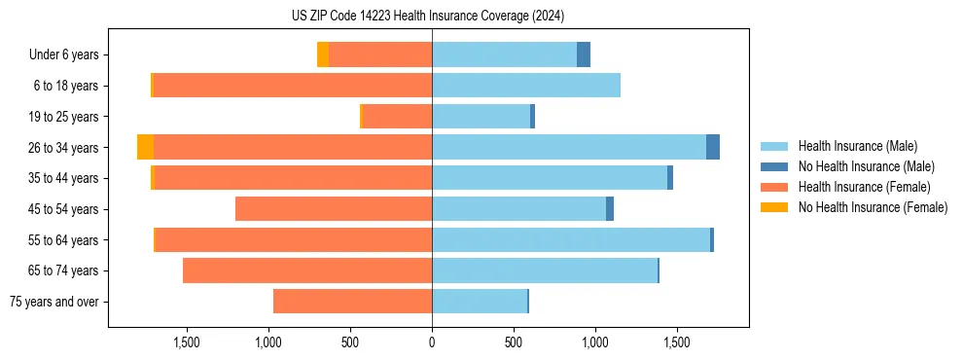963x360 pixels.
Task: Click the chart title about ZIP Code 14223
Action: coord(428,16)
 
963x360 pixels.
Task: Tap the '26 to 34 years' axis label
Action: coord(64,148)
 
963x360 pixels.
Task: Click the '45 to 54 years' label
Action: coord(64,209)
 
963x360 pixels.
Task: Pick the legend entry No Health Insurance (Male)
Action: coord(866,166)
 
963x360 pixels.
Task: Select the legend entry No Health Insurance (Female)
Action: coord(873,207)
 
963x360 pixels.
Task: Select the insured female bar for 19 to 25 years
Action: coord(397,117)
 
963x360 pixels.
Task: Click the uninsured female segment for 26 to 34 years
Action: coord(145,147)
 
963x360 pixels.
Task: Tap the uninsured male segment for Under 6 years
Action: coord(584,55)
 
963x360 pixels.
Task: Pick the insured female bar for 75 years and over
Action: coord(352,302)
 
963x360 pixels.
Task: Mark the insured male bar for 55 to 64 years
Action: coord(571,240)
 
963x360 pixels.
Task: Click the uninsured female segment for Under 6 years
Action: coord(323,55)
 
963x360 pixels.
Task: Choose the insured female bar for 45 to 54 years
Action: coord(334,209)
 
